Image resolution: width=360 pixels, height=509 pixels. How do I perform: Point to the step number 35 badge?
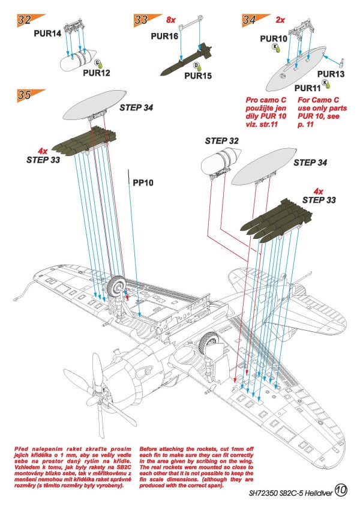25,95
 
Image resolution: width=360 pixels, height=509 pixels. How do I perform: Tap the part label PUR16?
164,36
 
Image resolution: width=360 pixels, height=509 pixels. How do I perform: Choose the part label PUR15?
197,76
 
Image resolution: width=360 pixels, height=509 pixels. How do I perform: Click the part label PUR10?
274,38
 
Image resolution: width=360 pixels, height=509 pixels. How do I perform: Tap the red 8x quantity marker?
170,20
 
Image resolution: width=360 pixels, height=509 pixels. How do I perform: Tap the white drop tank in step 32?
76,60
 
